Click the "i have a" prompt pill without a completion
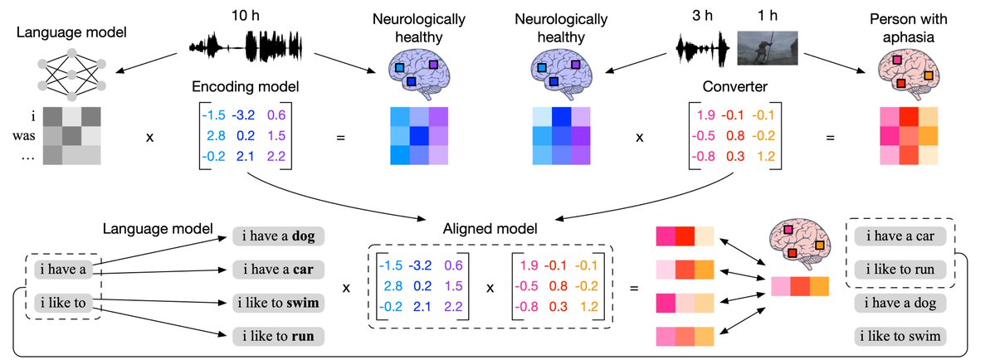pyautogui.click(x=62, y=270)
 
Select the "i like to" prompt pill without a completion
pyautogui.click(x=62, y=302)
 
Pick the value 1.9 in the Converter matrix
pyautogui.click(x=706, y=114)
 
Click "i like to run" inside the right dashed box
pyautogui.click(x=900, y=269)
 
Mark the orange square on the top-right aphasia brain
pyautogui.click(x=929, y=75)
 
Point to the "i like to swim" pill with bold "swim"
pyautogui.click(x=279, y=302)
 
